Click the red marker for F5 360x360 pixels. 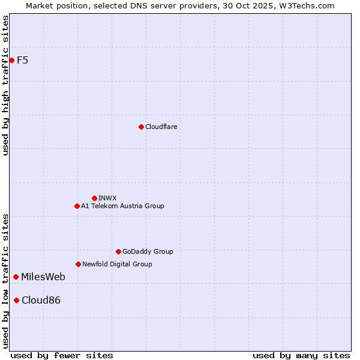point(11,60)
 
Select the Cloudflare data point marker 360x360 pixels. point(141,127)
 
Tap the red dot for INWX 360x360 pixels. point(94,198)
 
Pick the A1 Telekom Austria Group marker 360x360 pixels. point(77,206)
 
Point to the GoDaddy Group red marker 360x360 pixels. point(118,251)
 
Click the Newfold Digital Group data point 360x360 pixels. point(78,264)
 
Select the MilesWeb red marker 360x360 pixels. point(16,277)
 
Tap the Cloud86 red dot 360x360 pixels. point(16,300)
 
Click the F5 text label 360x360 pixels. point(23,60)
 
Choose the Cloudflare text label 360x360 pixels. point(161,127)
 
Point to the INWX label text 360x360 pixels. point(108,198)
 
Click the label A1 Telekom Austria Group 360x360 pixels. point(122,206)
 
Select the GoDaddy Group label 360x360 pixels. point(148,251)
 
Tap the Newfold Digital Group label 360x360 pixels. point(117,264)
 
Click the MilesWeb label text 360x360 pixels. point(43,277)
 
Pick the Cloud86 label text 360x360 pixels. point(41,300)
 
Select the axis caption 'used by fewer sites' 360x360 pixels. point(62,355)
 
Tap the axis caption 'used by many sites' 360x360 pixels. point(301,355)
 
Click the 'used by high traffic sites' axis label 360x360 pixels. point(5,85)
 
